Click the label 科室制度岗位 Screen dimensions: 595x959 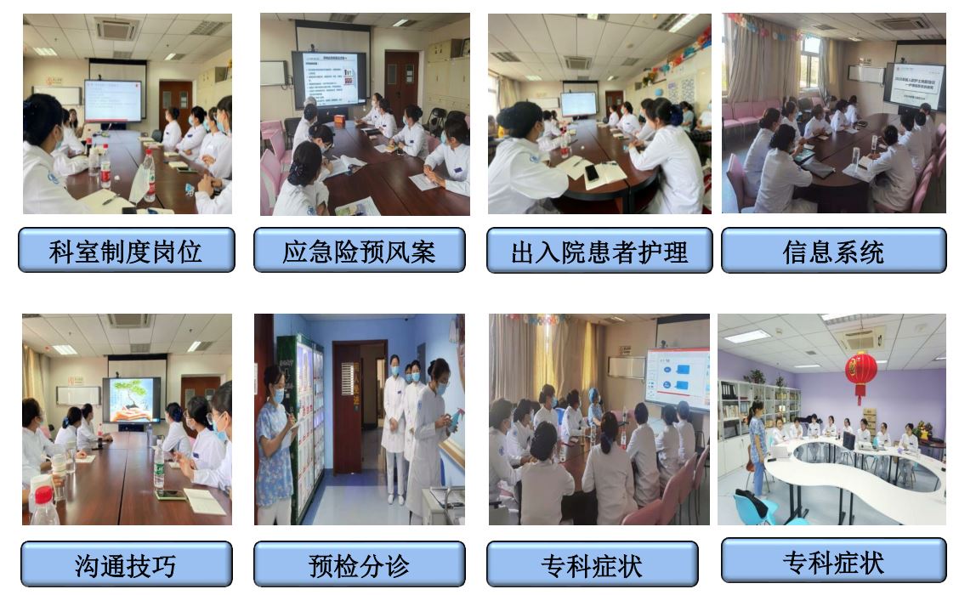[126, 252]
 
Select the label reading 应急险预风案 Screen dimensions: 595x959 [359, 252]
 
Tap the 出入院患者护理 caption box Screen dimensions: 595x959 [599, 252]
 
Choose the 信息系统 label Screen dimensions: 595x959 [833, 252]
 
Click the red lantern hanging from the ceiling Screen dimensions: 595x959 [860, 373]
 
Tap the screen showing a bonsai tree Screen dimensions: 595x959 [131, 399]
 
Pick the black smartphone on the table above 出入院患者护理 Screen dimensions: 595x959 [592, 173]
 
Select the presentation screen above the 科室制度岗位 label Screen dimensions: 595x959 [112, 100]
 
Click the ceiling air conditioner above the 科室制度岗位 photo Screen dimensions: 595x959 [117, 29]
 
